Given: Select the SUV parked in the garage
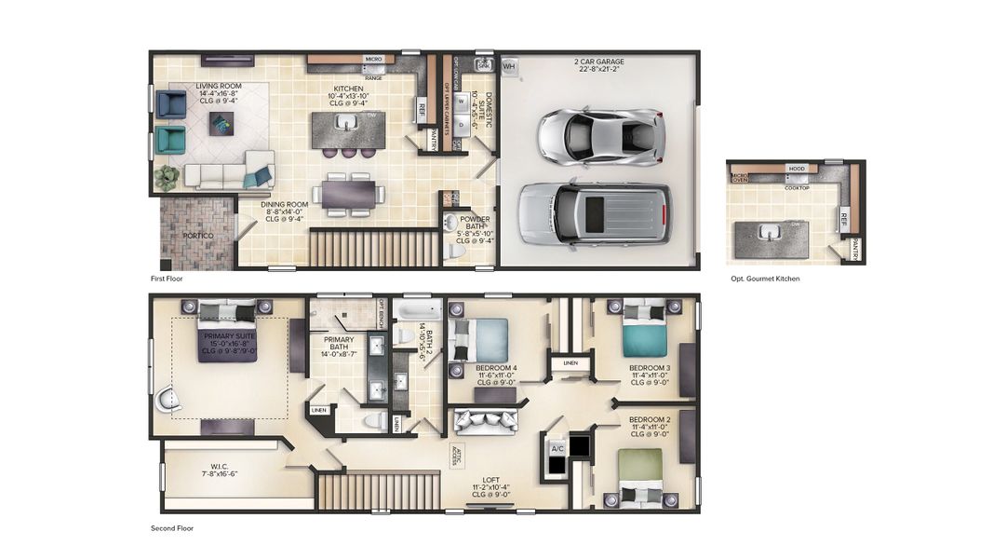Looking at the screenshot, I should (594, 212).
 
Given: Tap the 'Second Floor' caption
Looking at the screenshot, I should (172, 528).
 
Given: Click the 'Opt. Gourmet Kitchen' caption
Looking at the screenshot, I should (765, 279).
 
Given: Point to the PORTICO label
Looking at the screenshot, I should (196, 236).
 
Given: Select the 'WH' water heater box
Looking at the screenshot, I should (508, 67).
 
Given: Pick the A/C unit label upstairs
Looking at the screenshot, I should (557, 448).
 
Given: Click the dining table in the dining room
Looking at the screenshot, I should (349, 193).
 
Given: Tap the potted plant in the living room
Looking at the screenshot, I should (167, 177).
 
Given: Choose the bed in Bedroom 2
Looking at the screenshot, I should (642, 475).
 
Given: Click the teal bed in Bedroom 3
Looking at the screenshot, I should (643, 329).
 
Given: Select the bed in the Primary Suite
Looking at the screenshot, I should (227, 331).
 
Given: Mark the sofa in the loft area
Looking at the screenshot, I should (485, 422).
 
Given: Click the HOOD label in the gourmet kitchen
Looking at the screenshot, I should (797, 169).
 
